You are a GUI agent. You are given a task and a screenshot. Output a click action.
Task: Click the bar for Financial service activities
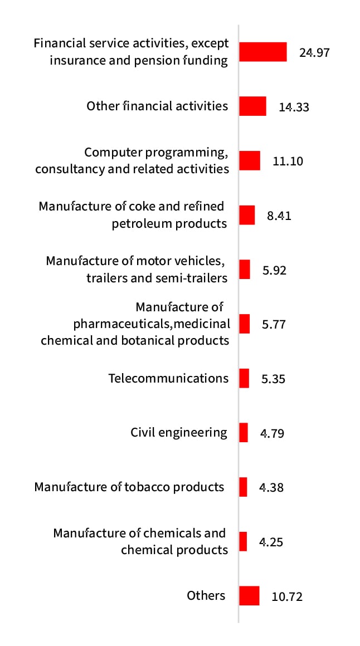pos(263,52)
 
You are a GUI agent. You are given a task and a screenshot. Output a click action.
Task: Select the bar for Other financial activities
pos(252,106)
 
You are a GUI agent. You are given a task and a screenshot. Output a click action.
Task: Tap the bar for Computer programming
pos(250,160)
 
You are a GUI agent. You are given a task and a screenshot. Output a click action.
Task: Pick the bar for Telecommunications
pos(244,378)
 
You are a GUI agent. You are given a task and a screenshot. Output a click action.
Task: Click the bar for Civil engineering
pos(244,433)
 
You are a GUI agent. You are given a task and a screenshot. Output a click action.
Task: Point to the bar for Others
pos(249,595)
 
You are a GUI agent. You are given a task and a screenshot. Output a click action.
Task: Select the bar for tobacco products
pos(243,487)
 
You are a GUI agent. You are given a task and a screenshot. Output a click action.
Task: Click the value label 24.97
pos(314,53)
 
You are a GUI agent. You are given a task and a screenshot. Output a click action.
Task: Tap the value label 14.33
pos(294,107)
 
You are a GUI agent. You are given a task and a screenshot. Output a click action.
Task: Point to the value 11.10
pos(288,161)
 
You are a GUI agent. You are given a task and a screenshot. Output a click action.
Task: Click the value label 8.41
pos(279,216)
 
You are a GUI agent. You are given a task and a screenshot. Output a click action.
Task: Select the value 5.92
pos(274,270)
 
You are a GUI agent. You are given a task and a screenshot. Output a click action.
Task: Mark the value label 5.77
pos(274,324)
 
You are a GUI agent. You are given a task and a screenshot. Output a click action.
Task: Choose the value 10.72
pos(287,597)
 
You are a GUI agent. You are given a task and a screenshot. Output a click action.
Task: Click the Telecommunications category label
pos(168,379)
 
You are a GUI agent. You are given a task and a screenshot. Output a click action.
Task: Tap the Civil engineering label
pos(179,433)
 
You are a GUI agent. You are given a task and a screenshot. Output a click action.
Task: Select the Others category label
pos(206,595)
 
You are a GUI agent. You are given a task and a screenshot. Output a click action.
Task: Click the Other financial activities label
pos(157,106)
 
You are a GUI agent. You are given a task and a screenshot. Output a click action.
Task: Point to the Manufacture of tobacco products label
pos(129,487)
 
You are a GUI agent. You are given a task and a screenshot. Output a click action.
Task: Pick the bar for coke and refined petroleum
pos(247,215)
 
